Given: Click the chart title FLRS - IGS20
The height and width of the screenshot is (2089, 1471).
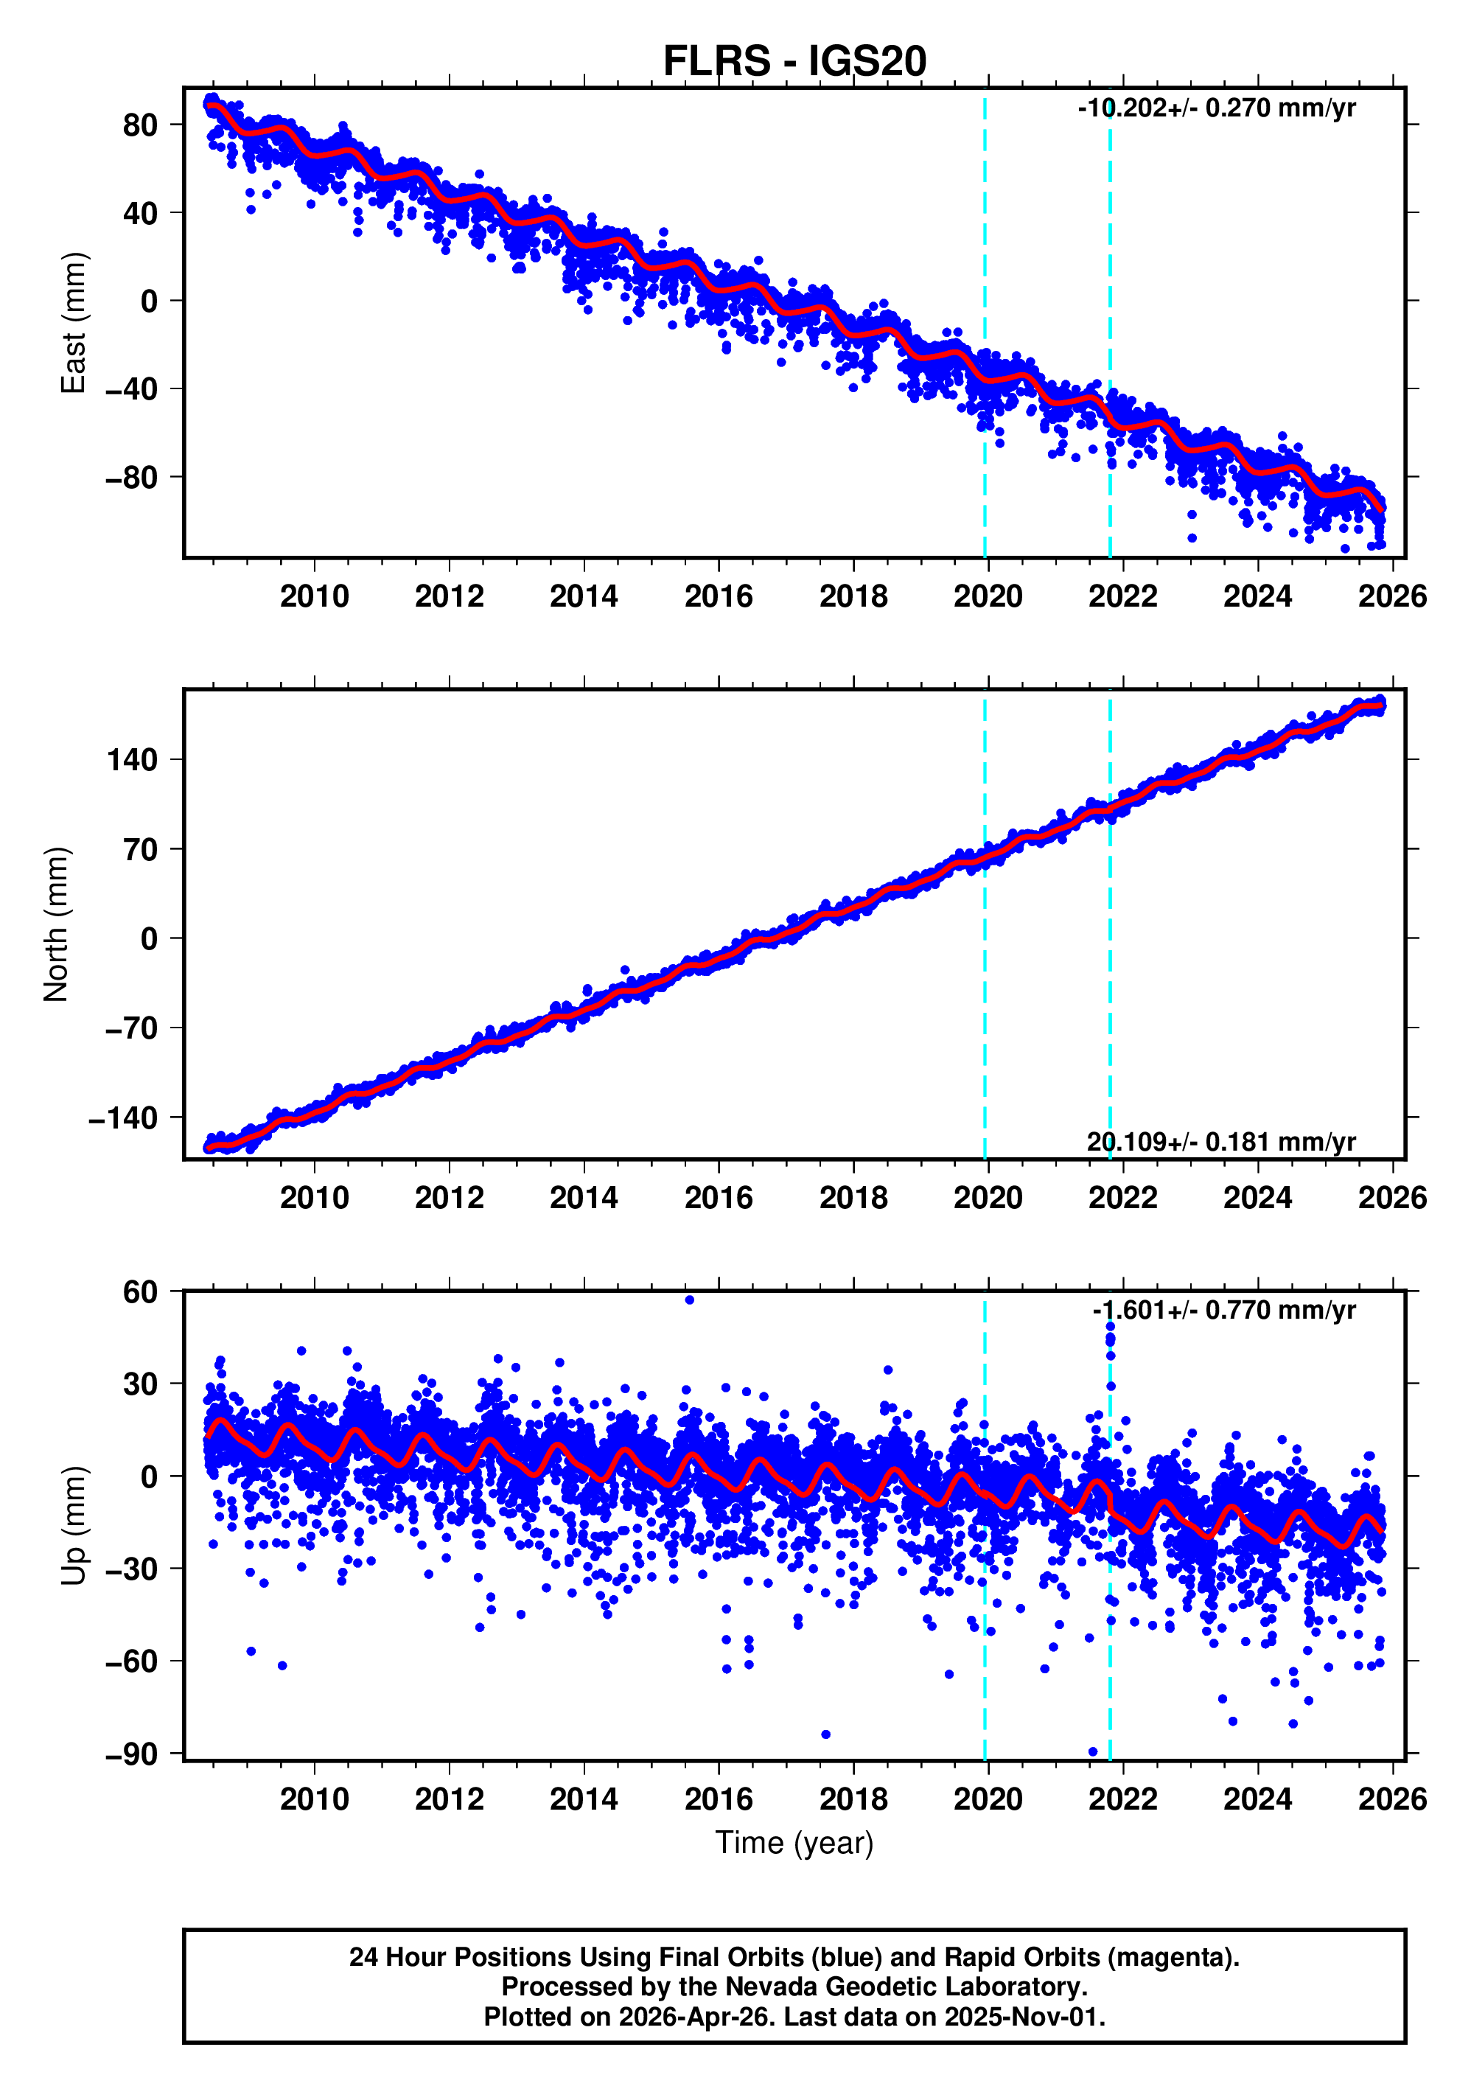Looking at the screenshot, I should pos(794,62).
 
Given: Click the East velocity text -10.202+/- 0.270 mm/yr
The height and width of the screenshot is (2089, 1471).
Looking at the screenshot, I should pos(1216,108).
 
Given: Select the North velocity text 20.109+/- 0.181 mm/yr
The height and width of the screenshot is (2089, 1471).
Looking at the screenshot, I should pos(1221,1142).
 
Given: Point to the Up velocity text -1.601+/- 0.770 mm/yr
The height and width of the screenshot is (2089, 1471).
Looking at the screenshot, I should pos(1223,1310).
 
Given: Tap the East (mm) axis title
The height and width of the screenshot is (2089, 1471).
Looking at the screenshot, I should pos(73,323).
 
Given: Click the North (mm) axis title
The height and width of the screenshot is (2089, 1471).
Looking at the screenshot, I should pos(57,924).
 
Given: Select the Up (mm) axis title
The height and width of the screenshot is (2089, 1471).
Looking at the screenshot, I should pos(73,1525).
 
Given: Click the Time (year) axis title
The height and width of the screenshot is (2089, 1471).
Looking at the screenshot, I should pos(794,1841).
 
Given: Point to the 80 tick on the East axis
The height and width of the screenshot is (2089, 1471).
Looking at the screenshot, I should pos(141,125).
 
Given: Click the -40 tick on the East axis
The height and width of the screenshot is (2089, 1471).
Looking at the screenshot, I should pos(132,389).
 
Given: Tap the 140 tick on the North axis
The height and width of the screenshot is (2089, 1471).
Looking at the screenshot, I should pos(132,760).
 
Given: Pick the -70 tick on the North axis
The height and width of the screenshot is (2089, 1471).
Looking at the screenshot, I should pos(132,1028).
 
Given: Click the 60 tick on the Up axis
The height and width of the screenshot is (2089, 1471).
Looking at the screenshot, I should pos(141,1292).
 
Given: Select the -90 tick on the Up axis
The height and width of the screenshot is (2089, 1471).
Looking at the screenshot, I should pos(132,1754).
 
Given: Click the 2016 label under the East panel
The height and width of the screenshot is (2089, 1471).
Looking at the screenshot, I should pos(719,597).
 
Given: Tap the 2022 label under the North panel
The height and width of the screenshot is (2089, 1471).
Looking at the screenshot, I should pos(1122,1199).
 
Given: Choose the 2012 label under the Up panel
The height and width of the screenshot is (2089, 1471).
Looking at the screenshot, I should pos(450,1799).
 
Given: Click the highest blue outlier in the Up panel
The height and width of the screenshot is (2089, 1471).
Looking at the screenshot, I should pos(690,1300).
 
